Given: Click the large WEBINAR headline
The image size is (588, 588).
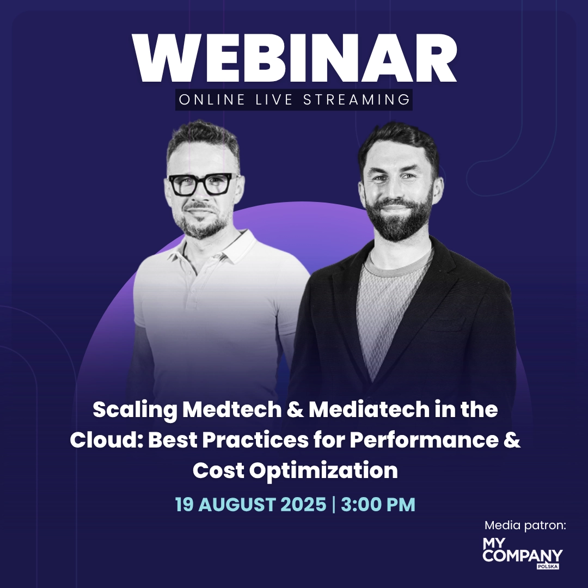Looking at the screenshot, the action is click(x=295, y=58).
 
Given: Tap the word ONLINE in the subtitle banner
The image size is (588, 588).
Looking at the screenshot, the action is click(x=212, y=100).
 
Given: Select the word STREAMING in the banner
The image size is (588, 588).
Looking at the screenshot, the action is click(x=357, y=100).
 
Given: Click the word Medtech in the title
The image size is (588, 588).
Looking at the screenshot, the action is click(x=232, y=409).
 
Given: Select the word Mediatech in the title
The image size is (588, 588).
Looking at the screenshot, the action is click(x=369, y=409).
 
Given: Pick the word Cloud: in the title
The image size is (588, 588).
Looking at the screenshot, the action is click(x=107, y=440).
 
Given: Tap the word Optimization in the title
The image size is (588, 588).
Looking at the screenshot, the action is click(x=323, y=471).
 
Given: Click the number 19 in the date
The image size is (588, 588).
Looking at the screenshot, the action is click(x=184, y=504).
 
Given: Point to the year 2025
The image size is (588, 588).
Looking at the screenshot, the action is click(x=303, y=504).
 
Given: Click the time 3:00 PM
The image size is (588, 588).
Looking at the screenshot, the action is click(x=378, y=504).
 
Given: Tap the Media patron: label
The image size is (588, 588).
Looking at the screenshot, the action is click(x=525, y=525).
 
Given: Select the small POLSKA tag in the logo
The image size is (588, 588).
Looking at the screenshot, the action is click(x=548, y=566).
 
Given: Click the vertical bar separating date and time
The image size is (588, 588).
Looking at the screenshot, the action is click(x=334, y=504).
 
